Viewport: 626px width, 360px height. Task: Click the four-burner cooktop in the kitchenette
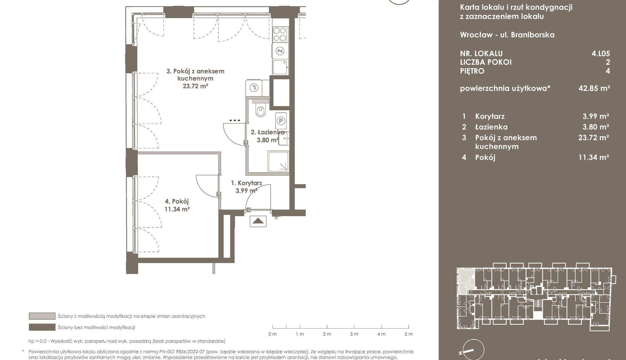[280, 34]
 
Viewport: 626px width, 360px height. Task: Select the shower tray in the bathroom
[278, 162]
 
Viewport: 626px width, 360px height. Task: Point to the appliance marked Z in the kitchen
[280, 51]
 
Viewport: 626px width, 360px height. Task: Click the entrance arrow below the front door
[258, 221]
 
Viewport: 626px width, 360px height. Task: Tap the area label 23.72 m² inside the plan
[195, 86]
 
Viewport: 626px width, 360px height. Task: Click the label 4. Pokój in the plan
[177, 201]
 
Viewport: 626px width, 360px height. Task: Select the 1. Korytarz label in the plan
[246, 183]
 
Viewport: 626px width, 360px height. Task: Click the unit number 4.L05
[601, 53]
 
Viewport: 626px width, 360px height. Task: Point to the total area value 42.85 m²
[594, 88]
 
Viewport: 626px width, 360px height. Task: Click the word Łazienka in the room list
[491, 127]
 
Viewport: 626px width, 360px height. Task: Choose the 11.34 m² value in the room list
[594, 157]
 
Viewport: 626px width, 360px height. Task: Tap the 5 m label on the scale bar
[409, 334]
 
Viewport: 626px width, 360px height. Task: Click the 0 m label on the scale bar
[273, 334]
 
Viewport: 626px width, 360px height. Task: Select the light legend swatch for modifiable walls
[42, 316]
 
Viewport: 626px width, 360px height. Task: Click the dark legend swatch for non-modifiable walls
[42, 327]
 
